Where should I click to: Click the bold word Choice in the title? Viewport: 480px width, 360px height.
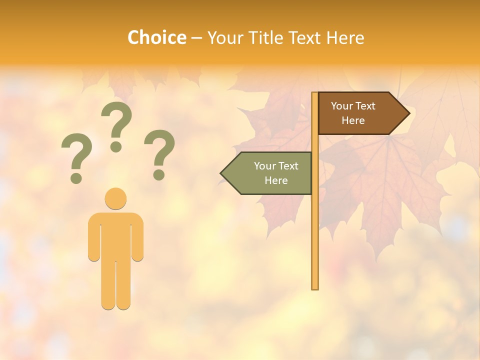pyautogui.click(x=156, y=37)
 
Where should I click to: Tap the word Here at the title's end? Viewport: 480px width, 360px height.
pyautogui.click(x=345, y=37)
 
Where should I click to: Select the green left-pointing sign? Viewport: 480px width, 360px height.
pyautogui.click(x=270, y=173)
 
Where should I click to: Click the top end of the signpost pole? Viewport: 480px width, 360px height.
pyautogui.click(x=315, y=94)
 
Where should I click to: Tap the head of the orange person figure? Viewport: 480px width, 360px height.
pyautogui.click(x=115, y=198)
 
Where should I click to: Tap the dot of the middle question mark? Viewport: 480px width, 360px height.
pyautogui.click(x=116, y=146)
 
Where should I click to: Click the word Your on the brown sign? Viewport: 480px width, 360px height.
pyautogui.click(x=341, y=106)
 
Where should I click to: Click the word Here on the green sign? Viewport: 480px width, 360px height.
pyautogui.click(x=276, y=180)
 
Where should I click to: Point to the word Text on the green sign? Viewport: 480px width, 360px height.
pyautogui.click(x=288, y=166)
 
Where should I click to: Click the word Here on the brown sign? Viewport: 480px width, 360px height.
pyautogui.click(x=353, y=120)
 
